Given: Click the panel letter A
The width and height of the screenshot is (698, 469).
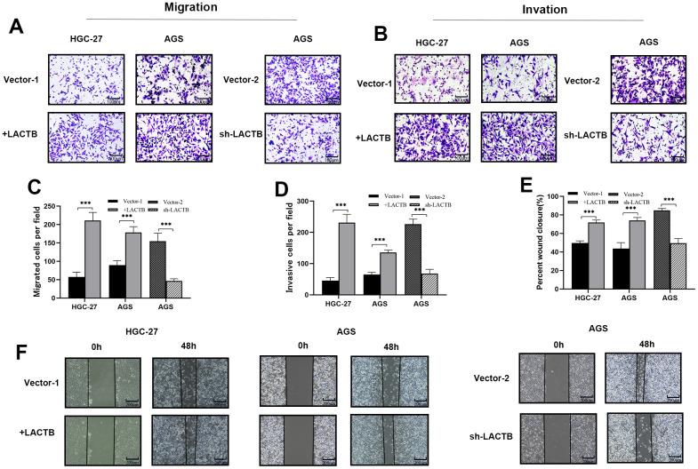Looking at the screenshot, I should [x=15, y=27].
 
